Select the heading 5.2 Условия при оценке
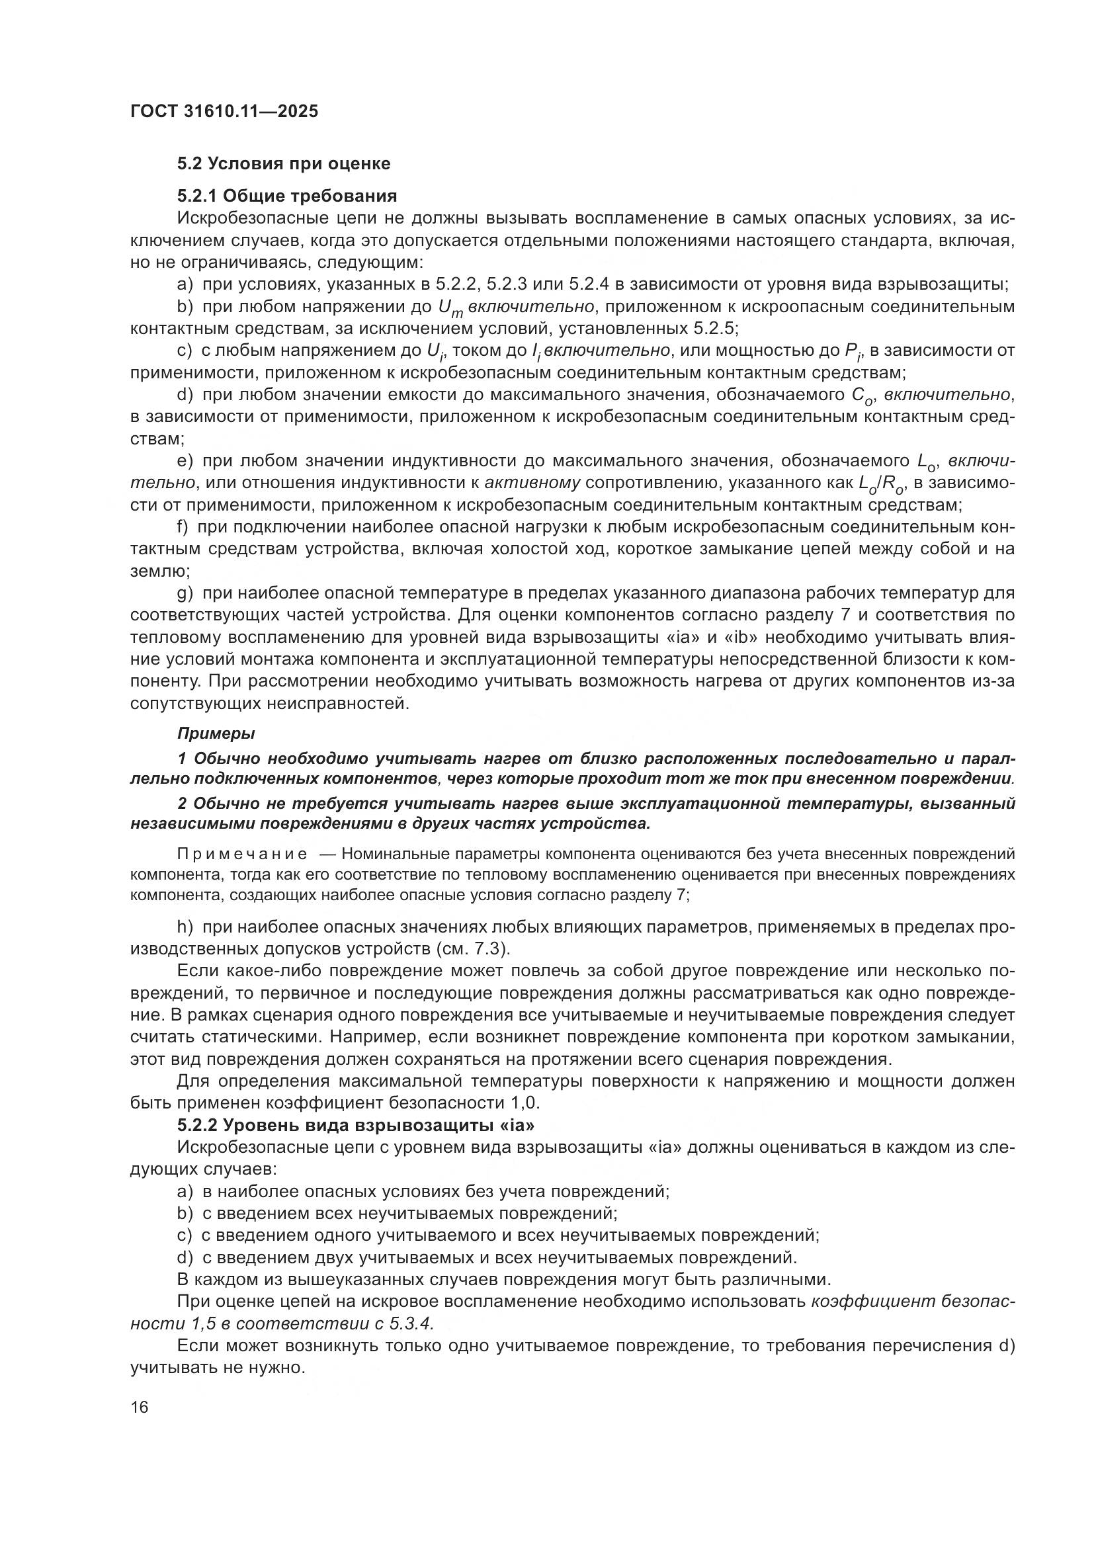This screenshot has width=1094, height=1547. pyautogui.click(x=284, y=164)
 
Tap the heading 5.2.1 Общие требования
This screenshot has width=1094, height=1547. pyautogui.click(x=287, y=196)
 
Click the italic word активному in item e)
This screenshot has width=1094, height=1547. pyautogui.click(x=532, y=483)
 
